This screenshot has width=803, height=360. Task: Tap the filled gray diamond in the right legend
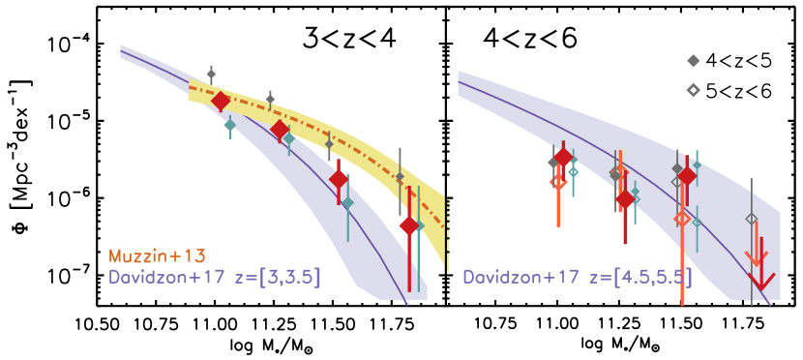coord(693,61)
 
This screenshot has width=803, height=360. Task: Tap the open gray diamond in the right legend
coord(693,90)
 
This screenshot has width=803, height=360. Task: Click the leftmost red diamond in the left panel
coord(221,101)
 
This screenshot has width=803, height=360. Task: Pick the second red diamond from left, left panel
coord(280,129)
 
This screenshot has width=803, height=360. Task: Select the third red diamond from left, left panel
coord(339,179)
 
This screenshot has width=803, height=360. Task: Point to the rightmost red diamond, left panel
coord(409,225)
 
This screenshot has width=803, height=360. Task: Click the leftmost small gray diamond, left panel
coord(211,75)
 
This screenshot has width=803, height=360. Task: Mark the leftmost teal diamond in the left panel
coord(229,125)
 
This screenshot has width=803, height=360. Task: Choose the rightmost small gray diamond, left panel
coord(400,177)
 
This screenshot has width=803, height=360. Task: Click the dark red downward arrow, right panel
coord(762,280)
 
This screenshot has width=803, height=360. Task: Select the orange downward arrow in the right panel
coord(756,256)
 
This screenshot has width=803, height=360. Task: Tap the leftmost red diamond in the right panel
coord(563,158)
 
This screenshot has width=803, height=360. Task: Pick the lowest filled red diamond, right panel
coord(625,199)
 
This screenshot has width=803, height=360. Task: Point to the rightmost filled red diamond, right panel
coord(687,176)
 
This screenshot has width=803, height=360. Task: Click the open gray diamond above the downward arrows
coord(752,219)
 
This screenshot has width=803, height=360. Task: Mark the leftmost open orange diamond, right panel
coord(557,181)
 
